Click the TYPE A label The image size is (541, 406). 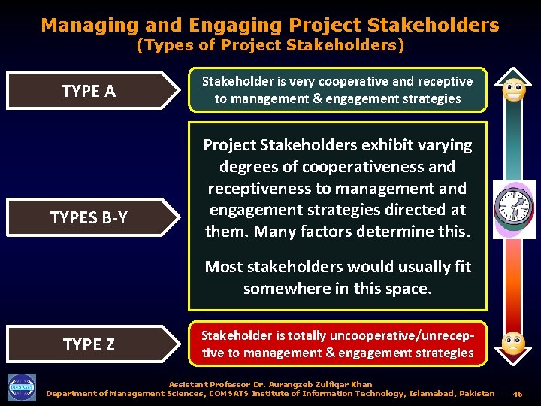coord(88,91)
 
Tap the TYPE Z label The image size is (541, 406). coord(89,344)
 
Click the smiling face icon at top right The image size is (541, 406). coord(514,90)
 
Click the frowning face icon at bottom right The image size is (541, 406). coord(514,343)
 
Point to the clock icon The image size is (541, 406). coord(514,208)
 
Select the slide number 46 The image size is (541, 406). coord(517,394)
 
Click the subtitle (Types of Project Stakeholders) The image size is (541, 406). coord(270,46)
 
